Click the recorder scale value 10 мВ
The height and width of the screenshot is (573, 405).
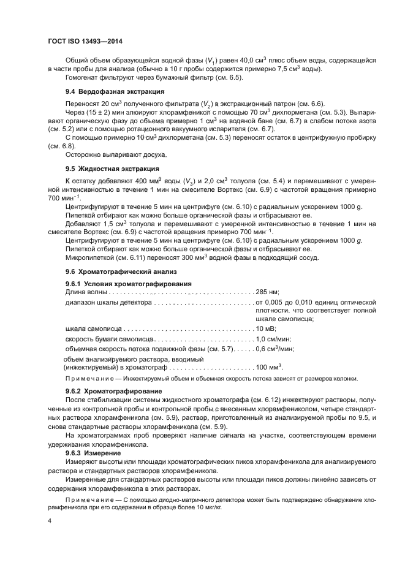pyautogui.click(x=267, y=329)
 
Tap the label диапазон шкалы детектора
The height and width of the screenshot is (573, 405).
pyautogui.click(x=107, y=302)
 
